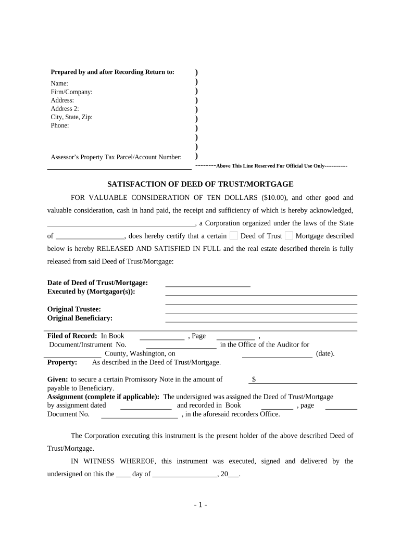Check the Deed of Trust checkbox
pyautogui.click(x=234, y=236)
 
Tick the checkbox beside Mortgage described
pyautogui.click(x=289, y=236)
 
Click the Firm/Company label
pyautogui.click(x=71, y=92)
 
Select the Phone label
pyautogui.click(x=60, y=125)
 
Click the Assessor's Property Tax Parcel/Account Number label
pyautogui.click(x=116, y=157)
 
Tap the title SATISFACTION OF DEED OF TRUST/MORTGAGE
pyautogui.click(x=200, y=184)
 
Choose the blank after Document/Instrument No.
pyautogui.click(x=181, y=345)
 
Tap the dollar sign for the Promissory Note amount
pyautogui.click(x=254, y=379)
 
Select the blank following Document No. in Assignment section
pyautogui.click(x=139, y=415)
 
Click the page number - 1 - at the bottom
pyautogui.click(x=200, y=505)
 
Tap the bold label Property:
pyautogui.click(x=62, y=362)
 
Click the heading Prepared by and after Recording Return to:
pyautogui.click(x=112, y=72)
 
